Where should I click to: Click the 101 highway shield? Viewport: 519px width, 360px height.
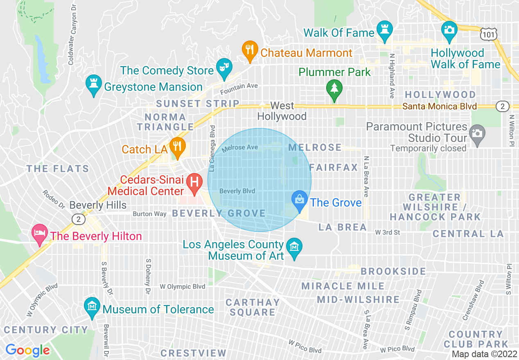tap(490, 34)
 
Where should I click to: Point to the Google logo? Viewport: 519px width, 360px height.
tap(27, 350)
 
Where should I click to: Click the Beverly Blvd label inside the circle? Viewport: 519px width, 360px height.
tap(237, 191)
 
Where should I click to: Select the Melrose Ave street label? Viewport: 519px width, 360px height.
tap(240, 148)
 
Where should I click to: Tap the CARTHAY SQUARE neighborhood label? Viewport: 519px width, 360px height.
tap(253, 307)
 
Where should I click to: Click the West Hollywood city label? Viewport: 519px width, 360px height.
tap(282, 111)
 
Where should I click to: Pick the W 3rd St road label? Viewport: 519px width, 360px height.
tap(387, 232)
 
